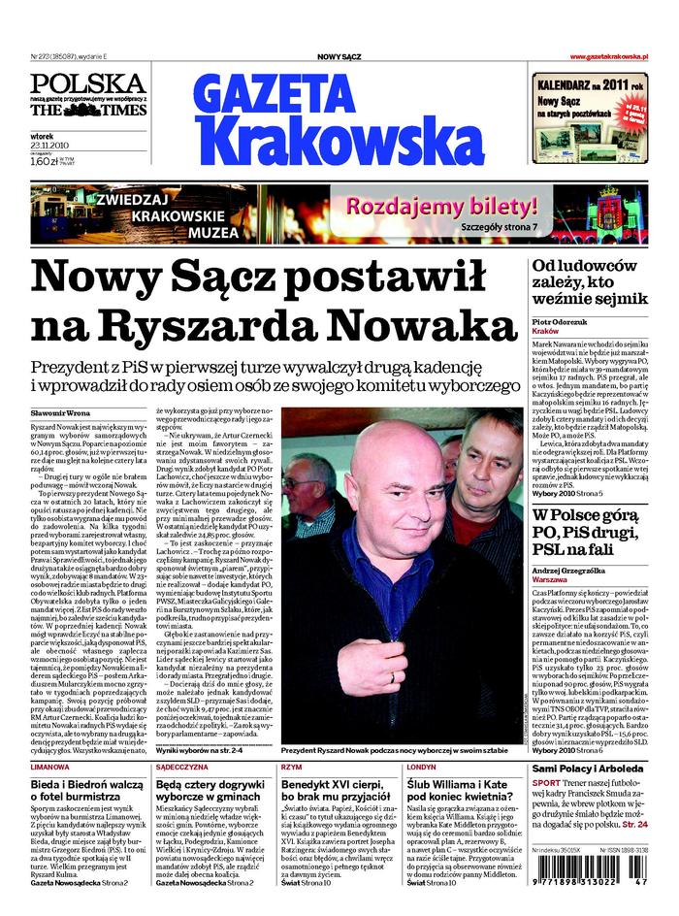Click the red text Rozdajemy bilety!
click(441, 207)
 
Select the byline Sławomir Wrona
click(66, 414)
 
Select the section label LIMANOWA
click(49, 768)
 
